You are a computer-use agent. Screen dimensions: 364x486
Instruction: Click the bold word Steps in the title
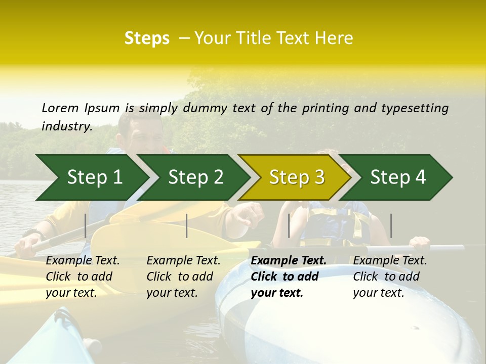(x=147, y=38)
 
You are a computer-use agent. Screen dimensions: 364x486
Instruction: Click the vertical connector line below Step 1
(x=85, y=225)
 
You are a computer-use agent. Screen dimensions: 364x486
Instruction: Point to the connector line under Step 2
(x=187, y=225)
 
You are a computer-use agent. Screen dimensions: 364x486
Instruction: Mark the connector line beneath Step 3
(x=289, y=225)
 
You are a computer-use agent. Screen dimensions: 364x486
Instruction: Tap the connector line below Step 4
(x=391, y=225)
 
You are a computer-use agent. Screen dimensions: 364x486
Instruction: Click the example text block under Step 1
(x=83, y=277)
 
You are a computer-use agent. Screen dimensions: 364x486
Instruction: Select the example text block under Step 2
(x=183, y=277)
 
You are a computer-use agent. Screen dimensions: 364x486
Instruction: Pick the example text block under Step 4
(x=390, y=277)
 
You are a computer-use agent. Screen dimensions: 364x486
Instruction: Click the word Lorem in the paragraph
(x=60, y=108)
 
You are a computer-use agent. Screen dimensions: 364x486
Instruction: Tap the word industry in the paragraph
(x=66, y=126)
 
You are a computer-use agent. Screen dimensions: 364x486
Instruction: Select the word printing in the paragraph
(x=324, y=108)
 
